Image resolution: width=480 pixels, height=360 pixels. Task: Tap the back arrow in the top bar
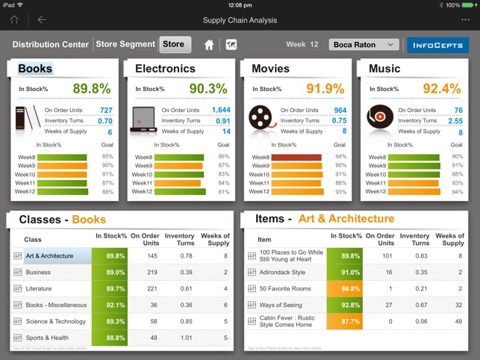coord(42,20)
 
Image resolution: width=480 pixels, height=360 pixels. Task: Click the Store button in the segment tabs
coord(174,45)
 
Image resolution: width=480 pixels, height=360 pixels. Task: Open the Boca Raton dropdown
coord(364,45)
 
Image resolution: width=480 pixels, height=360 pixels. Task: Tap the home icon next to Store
coord(209,45)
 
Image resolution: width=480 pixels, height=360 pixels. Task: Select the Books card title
coord(35,69)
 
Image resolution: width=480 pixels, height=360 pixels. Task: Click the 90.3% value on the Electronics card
coord(208,89)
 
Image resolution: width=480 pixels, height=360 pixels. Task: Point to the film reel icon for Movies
coord(261,118)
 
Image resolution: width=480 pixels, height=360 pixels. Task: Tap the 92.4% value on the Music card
coord(442,89)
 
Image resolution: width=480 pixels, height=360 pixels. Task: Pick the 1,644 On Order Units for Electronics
coord(220,110)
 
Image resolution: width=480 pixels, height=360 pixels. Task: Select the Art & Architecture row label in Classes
coord(49,255)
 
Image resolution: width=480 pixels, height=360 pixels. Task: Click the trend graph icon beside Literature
coord(17,288)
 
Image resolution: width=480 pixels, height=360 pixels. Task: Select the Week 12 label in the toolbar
coord(302,45)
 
